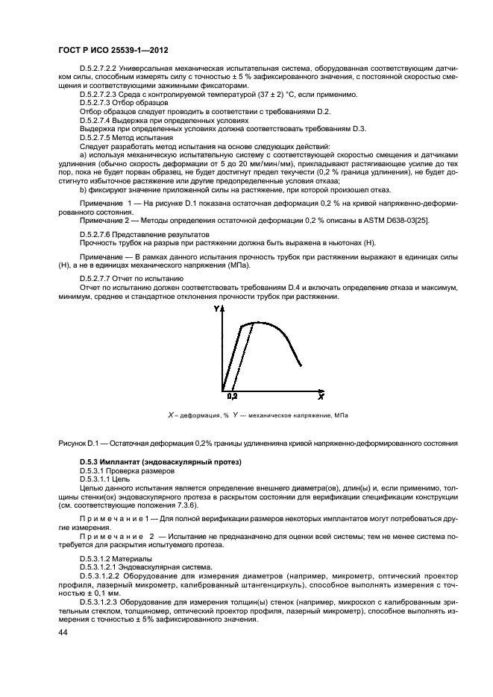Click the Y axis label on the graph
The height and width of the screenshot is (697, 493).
tap(216, 309)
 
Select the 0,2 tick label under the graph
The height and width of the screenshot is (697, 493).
tap(231, 397)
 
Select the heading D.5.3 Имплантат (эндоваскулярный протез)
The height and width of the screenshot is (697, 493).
tap(160, 463)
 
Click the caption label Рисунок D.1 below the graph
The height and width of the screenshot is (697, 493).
tap(80, 444)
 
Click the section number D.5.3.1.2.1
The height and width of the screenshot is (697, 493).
tap(103, 566)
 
